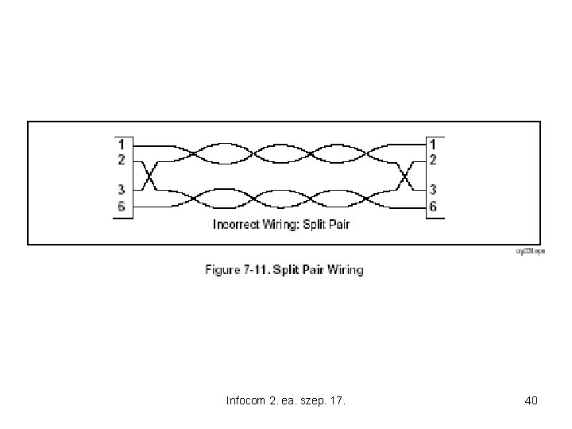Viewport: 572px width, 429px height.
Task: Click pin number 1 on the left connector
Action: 121,145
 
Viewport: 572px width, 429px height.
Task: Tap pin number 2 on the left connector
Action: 121,160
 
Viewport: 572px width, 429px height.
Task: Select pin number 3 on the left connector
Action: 121,190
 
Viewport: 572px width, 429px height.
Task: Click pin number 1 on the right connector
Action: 433,145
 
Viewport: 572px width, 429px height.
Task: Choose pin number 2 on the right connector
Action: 433,160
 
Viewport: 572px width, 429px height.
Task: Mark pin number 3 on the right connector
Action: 433,190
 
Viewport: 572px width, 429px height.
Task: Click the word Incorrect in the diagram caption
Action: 236,225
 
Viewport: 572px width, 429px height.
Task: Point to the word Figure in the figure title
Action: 223,270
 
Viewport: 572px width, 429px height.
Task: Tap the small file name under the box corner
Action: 531,251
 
